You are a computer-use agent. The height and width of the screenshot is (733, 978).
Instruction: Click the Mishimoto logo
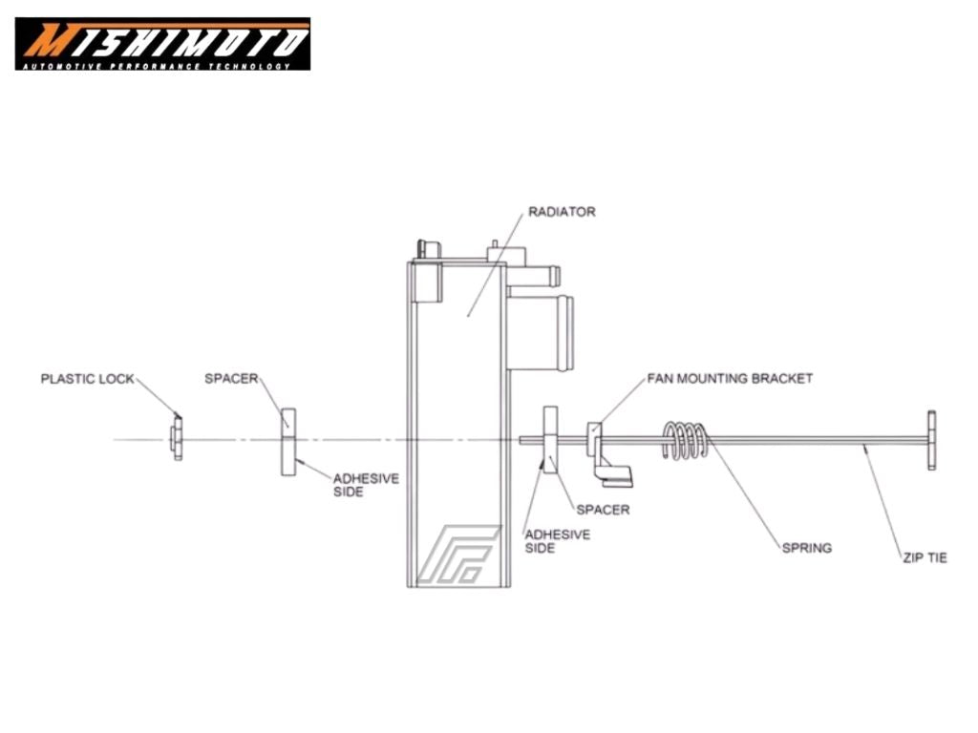[x=162, y=44]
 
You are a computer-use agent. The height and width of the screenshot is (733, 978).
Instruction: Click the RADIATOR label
[x=562, y=212]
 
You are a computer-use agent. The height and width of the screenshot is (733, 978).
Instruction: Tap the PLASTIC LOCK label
[x=87, y=379]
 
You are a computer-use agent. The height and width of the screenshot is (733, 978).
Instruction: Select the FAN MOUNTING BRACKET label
[x=730, y=378]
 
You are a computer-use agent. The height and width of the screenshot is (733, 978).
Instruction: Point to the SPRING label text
[x=806, y=548]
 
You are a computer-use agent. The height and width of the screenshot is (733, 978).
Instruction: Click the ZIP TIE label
[x=925, y=557]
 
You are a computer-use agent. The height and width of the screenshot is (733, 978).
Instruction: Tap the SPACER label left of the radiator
[x=231, y=378]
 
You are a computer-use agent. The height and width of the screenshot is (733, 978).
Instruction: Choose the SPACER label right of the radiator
[x=603, y=510]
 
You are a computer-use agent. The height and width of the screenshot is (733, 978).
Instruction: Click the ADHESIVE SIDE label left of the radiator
[x=366, y=485]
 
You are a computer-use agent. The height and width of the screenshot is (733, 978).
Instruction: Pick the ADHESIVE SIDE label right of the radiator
[x=557, y=541]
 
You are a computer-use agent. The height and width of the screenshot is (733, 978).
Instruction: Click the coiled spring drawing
[x=685, y=440]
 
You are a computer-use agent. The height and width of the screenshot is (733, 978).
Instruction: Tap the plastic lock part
[x=177, y=439]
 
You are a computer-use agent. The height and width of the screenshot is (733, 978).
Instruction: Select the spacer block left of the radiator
[x=288, y=442]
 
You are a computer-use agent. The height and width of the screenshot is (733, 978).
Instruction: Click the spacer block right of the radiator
[x=550, y=440]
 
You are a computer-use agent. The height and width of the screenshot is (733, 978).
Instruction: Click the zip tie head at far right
[x=931, y=440]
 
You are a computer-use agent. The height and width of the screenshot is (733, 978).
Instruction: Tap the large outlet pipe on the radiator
[x=541, y=333]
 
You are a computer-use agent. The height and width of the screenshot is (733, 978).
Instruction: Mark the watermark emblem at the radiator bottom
[x=458, y=555]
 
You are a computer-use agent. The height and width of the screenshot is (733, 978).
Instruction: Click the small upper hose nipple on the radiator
[x=534, y=275]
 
